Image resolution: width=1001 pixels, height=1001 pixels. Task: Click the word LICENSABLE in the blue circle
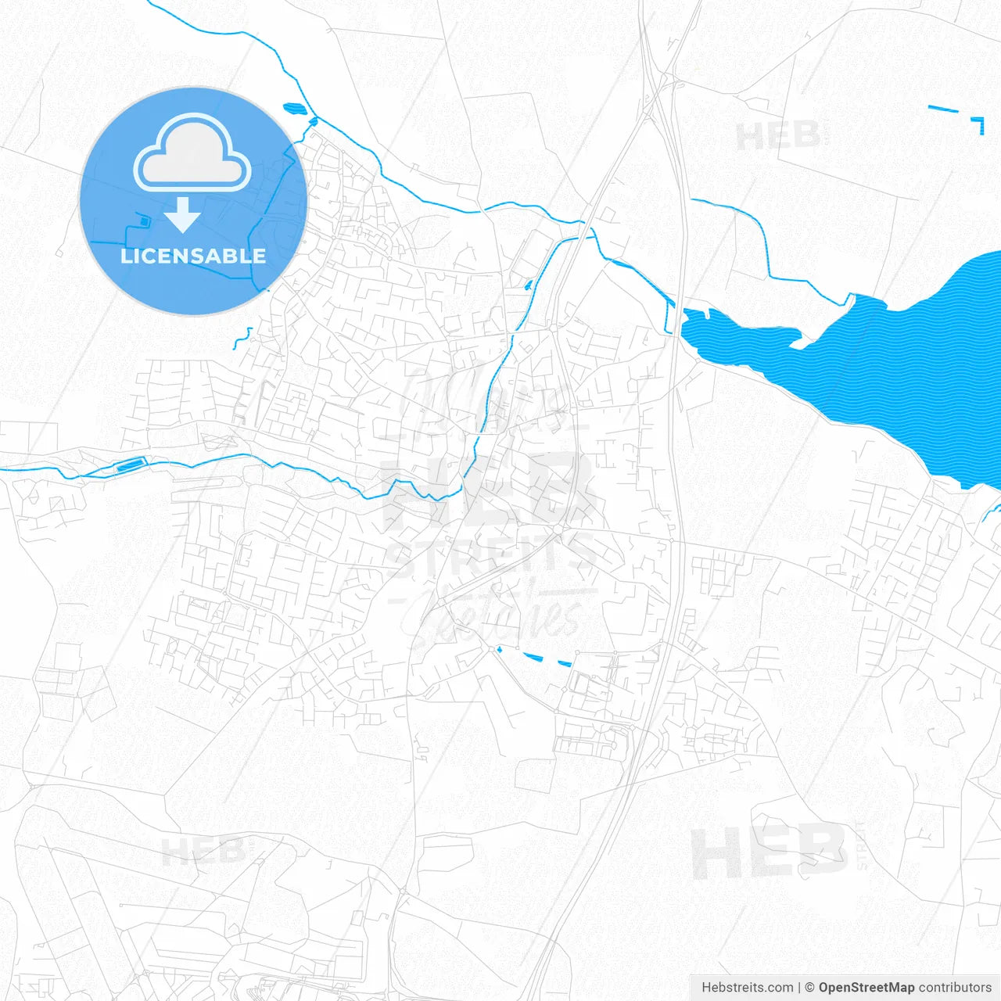point(192,257)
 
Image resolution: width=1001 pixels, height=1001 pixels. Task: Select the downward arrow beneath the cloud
point(182,215)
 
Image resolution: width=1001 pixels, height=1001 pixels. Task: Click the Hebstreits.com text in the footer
point(747,988)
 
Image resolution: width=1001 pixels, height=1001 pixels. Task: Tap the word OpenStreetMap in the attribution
point(866,988)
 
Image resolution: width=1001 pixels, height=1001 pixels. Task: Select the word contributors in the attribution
point(955,988)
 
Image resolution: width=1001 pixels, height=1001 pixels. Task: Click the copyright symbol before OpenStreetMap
point(810,988)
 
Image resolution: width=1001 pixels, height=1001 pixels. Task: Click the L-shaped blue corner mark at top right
point(979,124)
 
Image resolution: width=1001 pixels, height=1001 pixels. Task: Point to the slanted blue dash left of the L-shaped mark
point(943,109)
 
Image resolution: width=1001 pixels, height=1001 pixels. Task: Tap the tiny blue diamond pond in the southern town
point(498,648)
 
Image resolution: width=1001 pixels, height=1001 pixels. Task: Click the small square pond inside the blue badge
point(144,222)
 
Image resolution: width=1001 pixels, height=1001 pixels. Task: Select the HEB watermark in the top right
point(778,137)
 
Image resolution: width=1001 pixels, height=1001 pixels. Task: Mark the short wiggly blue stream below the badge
point(242,338)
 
